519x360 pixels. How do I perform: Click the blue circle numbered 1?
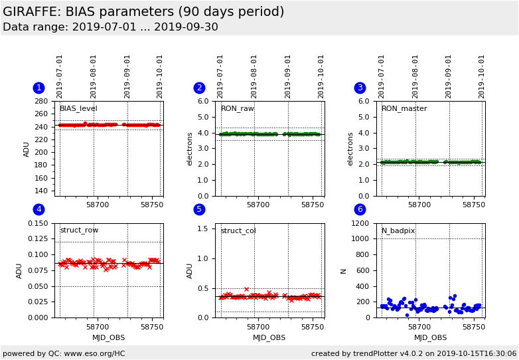click(x=39, y=88)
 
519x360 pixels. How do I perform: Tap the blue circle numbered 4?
click(x=39, y=209)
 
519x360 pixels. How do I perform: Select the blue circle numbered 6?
click(x=360, y=209)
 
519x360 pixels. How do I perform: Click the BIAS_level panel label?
click(x=78, y=109)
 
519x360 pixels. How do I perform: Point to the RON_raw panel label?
click(x=237, y=109)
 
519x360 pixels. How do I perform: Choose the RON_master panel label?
click(x=404, y=109)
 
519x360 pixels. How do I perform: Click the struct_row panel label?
click(x=79, y=230)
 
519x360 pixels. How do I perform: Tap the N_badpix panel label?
click(x=398, y=230)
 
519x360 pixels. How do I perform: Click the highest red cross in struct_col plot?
click(x=246, y=289)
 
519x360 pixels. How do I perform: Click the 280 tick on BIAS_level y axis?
click(x=41, y=101)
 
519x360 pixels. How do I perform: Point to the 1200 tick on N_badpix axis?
click(x=360, y=223)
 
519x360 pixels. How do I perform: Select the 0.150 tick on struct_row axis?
click(x=38, y=223)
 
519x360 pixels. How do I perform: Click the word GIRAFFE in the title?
click(x=31, y=11)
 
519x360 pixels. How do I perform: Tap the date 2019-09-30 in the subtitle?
click(x=186, y=27)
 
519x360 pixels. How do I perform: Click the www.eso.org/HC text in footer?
click(x=95, y=353)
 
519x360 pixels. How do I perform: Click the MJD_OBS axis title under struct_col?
click(x=269, y=337)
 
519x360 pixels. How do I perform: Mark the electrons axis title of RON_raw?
click(x=189, y=149)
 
